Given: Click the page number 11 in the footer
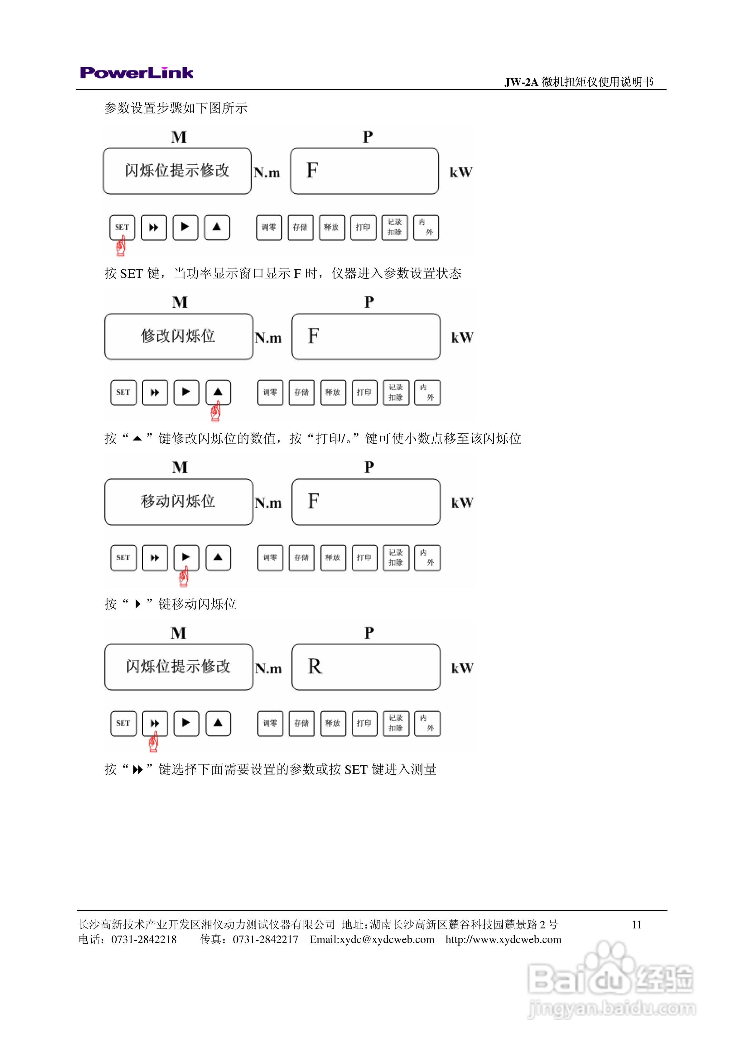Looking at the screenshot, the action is tap(636, 925).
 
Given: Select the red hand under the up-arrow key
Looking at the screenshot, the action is tap(215, 411).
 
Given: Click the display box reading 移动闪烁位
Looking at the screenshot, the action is tap(178, 502).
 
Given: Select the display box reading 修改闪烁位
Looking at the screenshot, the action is tap(178, 336).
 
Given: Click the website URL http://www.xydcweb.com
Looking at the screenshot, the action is tap(503, 940).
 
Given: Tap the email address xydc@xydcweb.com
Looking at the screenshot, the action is tap(372, 940).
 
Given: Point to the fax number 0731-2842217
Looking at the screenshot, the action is tap(265, 940).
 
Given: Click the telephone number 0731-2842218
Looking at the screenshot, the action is tap(144, 940).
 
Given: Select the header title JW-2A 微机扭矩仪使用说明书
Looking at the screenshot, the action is tap(579, 82).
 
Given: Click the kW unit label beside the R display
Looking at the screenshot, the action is tap(462, 668).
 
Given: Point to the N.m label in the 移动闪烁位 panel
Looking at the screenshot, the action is tap(268, 503).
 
